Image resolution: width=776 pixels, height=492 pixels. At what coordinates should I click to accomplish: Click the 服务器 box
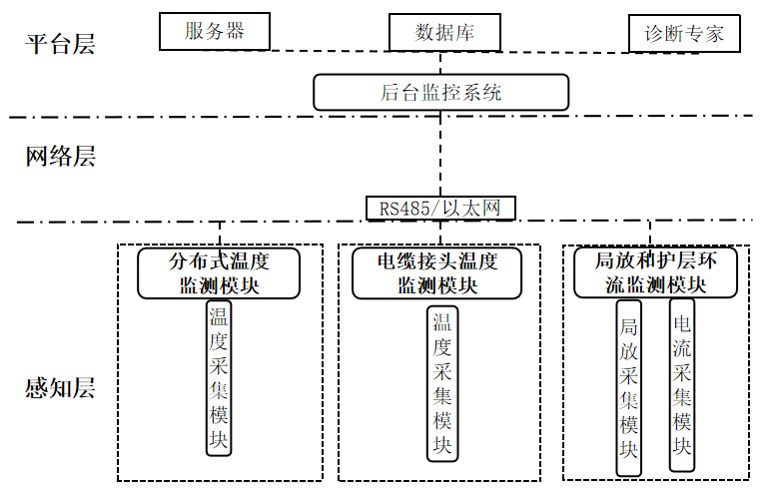(x=215, y=30)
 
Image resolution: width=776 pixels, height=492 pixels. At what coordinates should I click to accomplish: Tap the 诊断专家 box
(x=684, y=34)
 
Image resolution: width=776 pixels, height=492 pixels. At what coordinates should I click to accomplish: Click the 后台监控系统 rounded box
(x=440, y=93)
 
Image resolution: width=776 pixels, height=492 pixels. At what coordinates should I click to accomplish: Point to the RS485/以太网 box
(x=440, y=208)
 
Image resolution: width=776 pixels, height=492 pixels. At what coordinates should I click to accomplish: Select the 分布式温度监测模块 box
(x=219, y=272)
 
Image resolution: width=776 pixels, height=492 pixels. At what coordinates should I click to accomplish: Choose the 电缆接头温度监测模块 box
(x=437, y=272)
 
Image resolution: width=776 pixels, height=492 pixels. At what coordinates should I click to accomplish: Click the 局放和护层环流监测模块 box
(x=656, y=272)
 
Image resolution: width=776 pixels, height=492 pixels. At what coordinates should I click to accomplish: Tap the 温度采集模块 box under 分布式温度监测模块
(x=219, y=379)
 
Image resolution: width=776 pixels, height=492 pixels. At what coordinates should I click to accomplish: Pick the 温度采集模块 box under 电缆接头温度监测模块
(x=441, y=384)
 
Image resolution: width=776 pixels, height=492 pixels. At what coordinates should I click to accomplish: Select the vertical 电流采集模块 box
(x=682, y=384)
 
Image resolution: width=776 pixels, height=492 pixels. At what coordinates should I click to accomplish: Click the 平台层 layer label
(x=60, y=45)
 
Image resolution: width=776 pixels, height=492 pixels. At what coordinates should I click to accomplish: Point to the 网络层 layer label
(x=60, y=157)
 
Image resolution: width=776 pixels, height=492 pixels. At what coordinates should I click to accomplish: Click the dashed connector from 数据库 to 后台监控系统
(x=440, y=63)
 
